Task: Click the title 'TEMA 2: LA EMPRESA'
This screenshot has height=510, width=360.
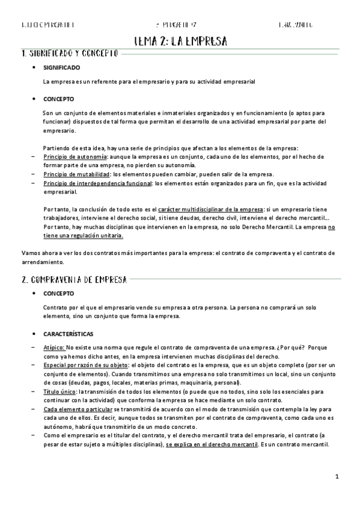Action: point(180,41)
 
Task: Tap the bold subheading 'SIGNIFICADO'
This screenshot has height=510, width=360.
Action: point(62,67)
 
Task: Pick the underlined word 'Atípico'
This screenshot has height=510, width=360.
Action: point(53,348)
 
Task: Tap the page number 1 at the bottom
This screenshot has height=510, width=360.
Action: point(338,477)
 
